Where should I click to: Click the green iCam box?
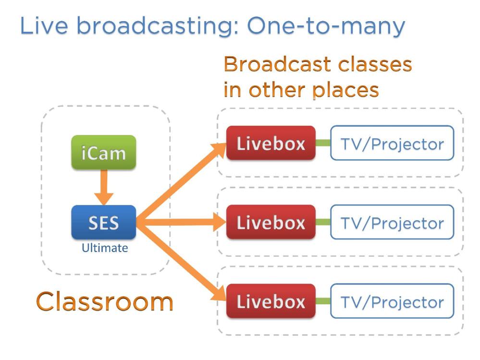[104, 153]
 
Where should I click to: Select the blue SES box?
[104, 222]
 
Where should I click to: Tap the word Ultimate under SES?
[104, 248]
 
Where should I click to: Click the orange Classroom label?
[104, 301]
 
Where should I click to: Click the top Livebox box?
[271, 143]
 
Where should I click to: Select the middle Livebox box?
[271, 222]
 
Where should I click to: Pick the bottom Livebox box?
[271, 301]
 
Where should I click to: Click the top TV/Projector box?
[392, 143]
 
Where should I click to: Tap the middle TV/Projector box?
[392, 222]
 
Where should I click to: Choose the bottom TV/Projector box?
[392, 301]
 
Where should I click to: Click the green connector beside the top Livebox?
[323, 143]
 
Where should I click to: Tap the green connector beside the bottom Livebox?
[323, 301]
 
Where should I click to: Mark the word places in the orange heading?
[346, 89]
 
